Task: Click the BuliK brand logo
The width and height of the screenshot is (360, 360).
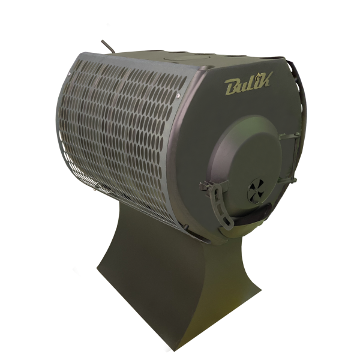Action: tap(248, 83)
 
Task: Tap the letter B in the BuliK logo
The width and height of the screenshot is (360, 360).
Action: tap(232, 87)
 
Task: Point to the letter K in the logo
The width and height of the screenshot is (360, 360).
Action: tap(266, 80)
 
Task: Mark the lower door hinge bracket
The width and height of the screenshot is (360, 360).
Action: tap(287, 181)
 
